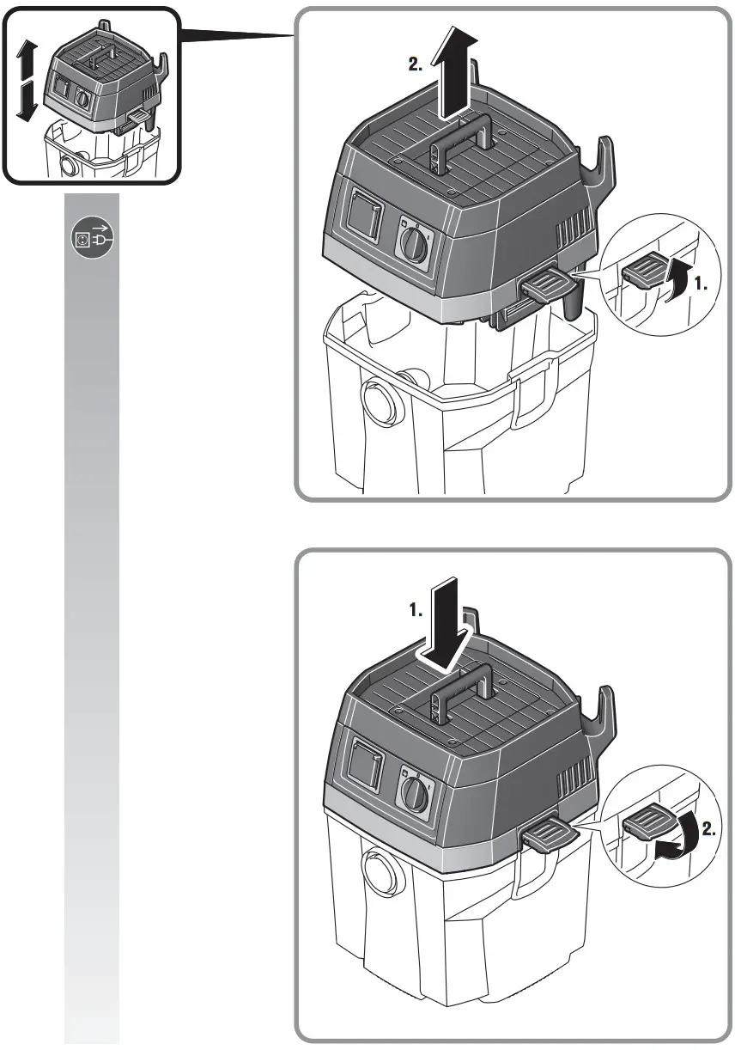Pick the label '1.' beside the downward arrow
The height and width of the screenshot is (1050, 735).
coord(416,611)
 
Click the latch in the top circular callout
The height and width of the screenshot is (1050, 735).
coord(645,275)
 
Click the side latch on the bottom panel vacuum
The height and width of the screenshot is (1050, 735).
coord(546,833)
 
